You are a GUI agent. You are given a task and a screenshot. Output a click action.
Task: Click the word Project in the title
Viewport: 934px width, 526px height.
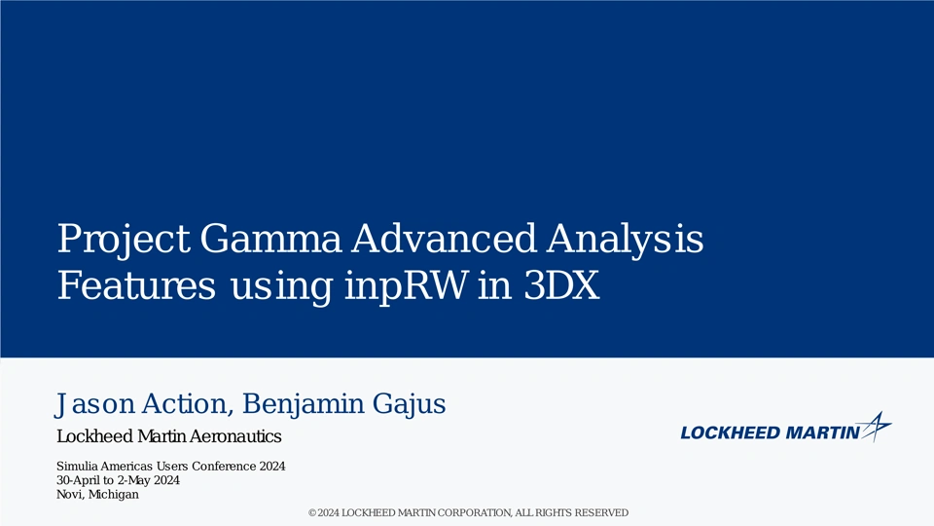point(124,240)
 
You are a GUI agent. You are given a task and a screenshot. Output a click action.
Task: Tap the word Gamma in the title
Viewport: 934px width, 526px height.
point(270,239)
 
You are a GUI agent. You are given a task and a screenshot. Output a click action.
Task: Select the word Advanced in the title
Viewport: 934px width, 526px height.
point(444,239)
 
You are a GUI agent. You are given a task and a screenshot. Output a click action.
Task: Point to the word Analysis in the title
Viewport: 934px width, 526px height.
point(626,240)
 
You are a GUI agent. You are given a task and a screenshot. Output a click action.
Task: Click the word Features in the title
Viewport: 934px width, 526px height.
point(136,285)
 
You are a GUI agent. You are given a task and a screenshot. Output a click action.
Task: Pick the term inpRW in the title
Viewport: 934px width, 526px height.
point(407,287)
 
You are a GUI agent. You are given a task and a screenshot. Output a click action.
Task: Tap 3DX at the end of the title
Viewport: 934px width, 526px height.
point(561,285)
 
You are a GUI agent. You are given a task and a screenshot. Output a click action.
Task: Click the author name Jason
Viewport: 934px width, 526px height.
point(95,404)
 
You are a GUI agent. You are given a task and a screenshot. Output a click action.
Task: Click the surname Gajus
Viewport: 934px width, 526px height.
point(410,404)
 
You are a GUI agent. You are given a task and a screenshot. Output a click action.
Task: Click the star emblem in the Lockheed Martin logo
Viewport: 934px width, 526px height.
point(876,427)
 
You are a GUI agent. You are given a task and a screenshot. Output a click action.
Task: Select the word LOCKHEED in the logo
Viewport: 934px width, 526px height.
point(731,432)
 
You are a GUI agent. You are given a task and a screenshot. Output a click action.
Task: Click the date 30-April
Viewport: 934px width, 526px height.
point(79,480)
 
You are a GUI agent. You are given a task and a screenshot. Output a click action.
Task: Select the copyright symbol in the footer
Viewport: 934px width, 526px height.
point(312,513)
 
